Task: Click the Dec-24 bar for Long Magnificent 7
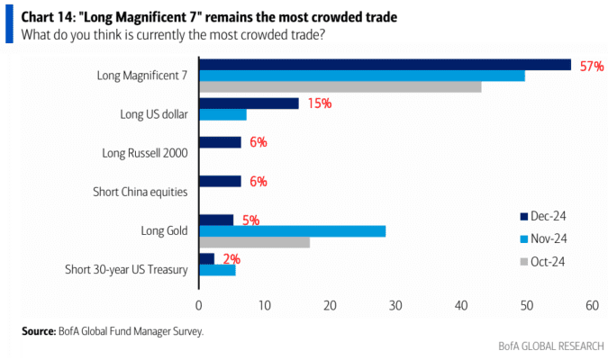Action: (x=385, y=65)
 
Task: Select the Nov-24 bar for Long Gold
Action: (x=293, y=231)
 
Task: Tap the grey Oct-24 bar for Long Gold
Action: (x=254, y=243)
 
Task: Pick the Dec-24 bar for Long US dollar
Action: (x=249, y=103)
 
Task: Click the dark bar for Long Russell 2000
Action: (x=221, y=142)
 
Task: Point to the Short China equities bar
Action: (x=221, y=182)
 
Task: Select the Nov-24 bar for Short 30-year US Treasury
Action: (x=217, y=270)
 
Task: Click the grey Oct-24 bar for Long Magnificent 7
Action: (x=340, y=86)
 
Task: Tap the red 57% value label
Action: (x=592, y=67)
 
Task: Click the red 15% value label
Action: (x=320, y=103)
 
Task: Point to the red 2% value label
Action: (x=231, y=259)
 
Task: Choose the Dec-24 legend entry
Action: (x=543, y=216)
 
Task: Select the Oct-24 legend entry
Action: (x=542, y=262)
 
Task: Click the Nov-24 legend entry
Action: (x=543, y=238)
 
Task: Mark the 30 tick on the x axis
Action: (x=395, y=306)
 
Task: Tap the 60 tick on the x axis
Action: (x=592, y=306)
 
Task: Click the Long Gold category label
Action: (x=164, y=231)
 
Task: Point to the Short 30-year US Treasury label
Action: (x=126, y=270)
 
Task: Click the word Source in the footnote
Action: (x=39, y=331)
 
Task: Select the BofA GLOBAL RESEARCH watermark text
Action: (x=551, y=346)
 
